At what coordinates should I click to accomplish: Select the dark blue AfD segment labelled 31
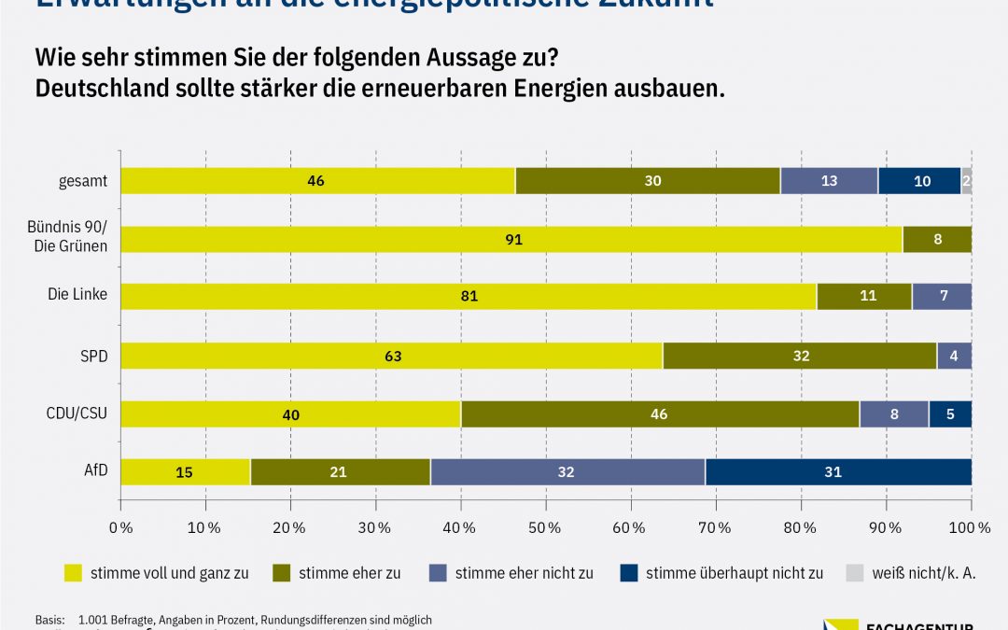838,472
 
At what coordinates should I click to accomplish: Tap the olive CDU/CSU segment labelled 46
659,413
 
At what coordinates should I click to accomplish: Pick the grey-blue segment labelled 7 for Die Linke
942,297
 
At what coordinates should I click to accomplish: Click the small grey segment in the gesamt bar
966,181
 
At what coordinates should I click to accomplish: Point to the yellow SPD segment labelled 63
392,356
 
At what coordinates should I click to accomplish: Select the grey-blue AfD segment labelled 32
567,472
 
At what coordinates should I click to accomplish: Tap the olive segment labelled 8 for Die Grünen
937,239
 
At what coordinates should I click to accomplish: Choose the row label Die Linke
77,294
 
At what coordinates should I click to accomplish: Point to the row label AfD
96,469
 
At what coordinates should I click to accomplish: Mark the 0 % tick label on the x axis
121,528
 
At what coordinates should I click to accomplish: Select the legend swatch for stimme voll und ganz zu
74,573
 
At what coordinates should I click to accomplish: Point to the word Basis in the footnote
50,620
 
